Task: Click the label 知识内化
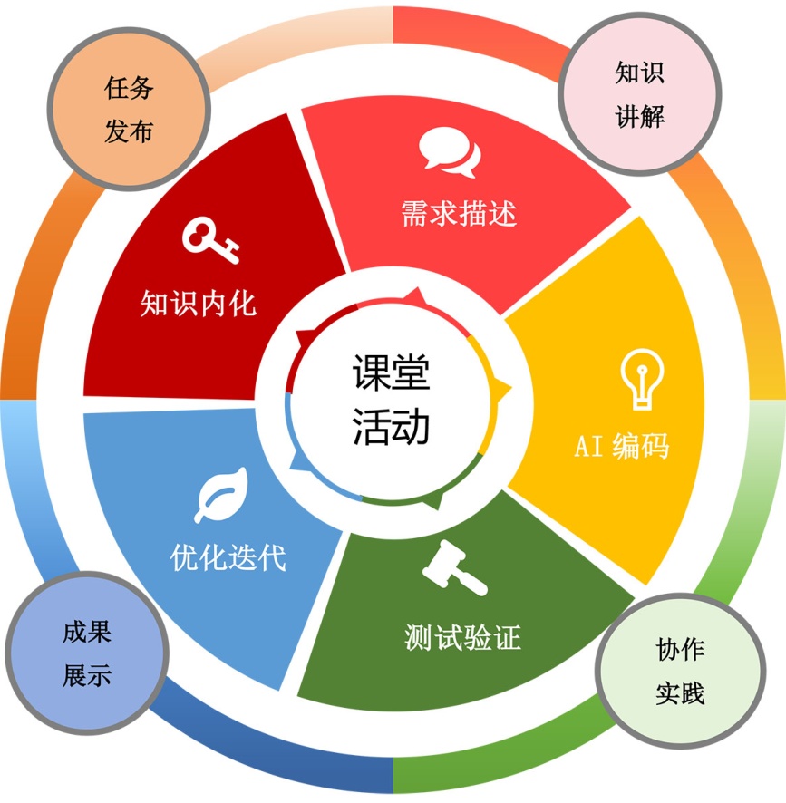pos(199,303)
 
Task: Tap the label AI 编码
pos(622,446)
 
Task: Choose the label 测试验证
pos(462,637)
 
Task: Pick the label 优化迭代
pos(228,556)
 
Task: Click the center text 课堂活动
pos(392,400)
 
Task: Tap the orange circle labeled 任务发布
pos(129,110)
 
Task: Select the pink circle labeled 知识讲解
pos(640,94)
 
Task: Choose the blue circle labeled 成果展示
pos(87,653)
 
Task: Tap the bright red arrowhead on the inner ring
pos(415,296)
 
